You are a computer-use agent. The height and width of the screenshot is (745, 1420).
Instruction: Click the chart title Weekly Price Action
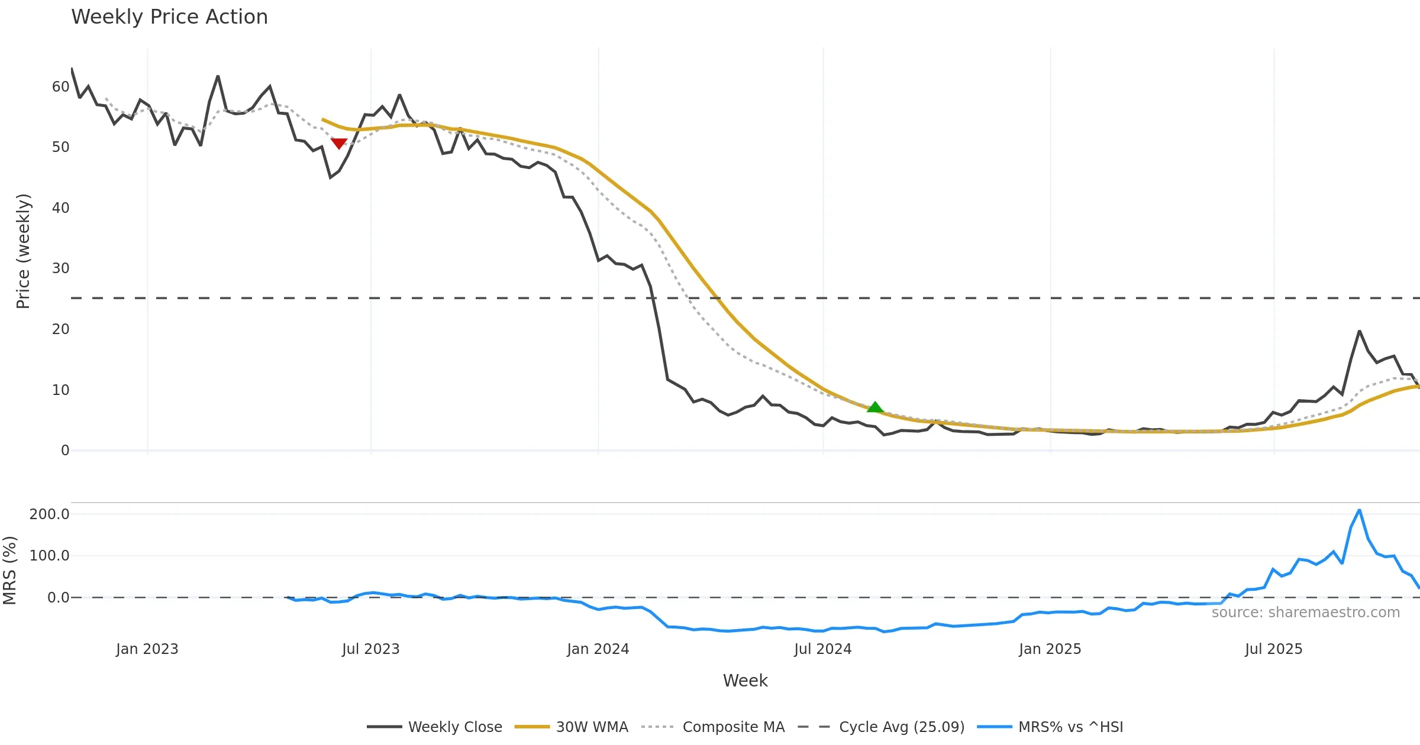169,17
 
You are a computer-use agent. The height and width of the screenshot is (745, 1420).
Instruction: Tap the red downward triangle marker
339,143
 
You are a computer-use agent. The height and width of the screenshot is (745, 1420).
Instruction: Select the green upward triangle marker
875,407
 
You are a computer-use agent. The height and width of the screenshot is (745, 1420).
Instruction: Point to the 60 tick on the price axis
60,87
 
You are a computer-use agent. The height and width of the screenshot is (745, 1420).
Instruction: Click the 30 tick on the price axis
60,268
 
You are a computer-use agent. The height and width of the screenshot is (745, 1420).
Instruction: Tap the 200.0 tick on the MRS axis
50,514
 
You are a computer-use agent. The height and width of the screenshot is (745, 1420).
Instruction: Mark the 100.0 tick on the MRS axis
50,556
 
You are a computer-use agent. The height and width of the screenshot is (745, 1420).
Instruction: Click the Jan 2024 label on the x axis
598,649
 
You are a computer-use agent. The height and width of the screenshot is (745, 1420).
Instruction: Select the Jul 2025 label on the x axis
1273,649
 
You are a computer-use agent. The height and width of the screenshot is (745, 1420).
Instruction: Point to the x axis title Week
745,681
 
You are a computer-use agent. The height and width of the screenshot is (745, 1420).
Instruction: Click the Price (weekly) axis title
23,251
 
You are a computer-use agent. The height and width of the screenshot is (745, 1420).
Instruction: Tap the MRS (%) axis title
10,570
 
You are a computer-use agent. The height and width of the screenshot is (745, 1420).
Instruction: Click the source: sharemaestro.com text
1305,613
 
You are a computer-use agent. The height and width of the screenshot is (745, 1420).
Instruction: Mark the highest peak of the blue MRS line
1359,510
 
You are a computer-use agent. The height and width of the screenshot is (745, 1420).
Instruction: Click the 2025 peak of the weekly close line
1359,331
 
